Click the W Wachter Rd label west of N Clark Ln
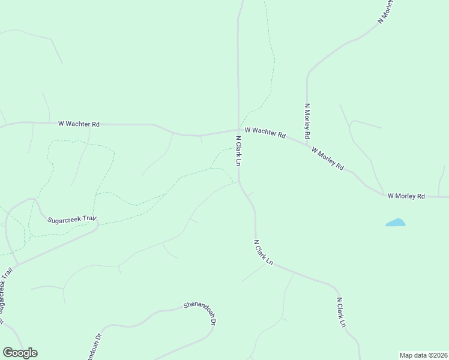click(79, 124)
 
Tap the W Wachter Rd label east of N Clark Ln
click(265, 132)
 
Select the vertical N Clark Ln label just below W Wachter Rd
click(238, 151)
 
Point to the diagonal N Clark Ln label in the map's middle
click(263, 253)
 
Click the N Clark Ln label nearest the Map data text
click(341, 312)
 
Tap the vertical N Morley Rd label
click(307, 122)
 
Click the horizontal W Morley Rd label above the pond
click(406, 196)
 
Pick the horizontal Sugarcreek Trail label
click(72, 220)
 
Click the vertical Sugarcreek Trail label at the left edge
click(5, 290)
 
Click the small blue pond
click(396, 223)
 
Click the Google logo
click(20, 352)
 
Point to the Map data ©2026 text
click(423, 355)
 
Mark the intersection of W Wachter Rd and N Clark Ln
click(239, 130)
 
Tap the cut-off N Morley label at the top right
click(385, 12)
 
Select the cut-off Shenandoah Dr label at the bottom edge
click(94, 345)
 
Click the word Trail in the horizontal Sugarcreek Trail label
click(89, 219)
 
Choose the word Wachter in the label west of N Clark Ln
click(83, 124)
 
